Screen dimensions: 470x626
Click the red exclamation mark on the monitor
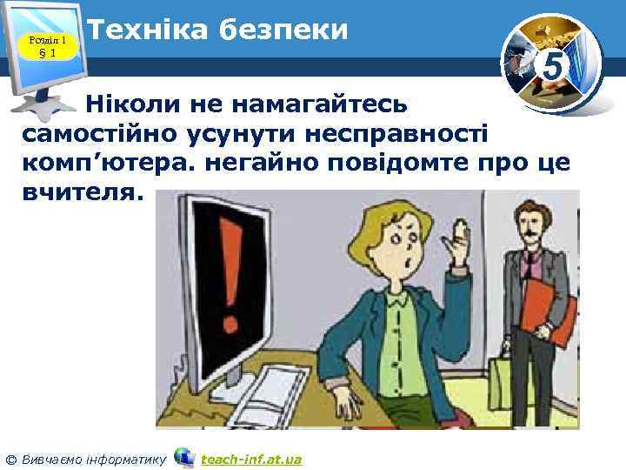click(x=230, y=271)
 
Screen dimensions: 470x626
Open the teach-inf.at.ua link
click(x=250, y=459)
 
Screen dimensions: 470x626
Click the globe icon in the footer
click(x=184, y=457)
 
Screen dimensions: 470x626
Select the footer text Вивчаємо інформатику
click(x=91, y=459)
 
